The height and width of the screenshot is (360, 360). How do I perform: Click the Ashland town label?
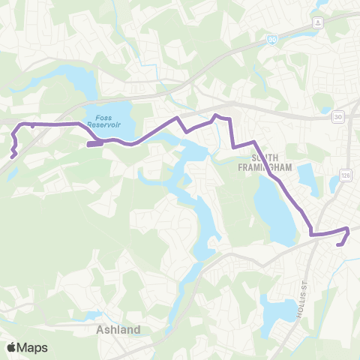[x=114, y=329]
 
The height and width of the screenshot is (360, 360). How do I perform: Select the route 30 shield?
[x=338, y=116]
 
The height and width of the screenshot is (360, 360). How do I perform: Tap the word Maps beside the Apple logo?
[x=33, y=347]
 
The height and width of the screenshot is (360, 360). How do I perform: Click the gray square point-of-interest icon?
[x=319, y=22]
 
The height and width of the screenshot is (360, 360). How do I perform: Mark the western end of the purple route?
[x=13, y=157]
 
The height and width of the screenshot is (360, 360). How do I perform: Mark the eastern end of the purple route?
[x=340, y=243]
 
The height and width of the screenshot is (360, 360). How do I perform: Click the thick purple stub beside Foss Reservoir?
[x=94, y=143]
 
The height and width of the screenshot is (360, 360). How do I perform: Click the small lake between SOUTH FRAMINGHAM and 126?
[x=307, y=177]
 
